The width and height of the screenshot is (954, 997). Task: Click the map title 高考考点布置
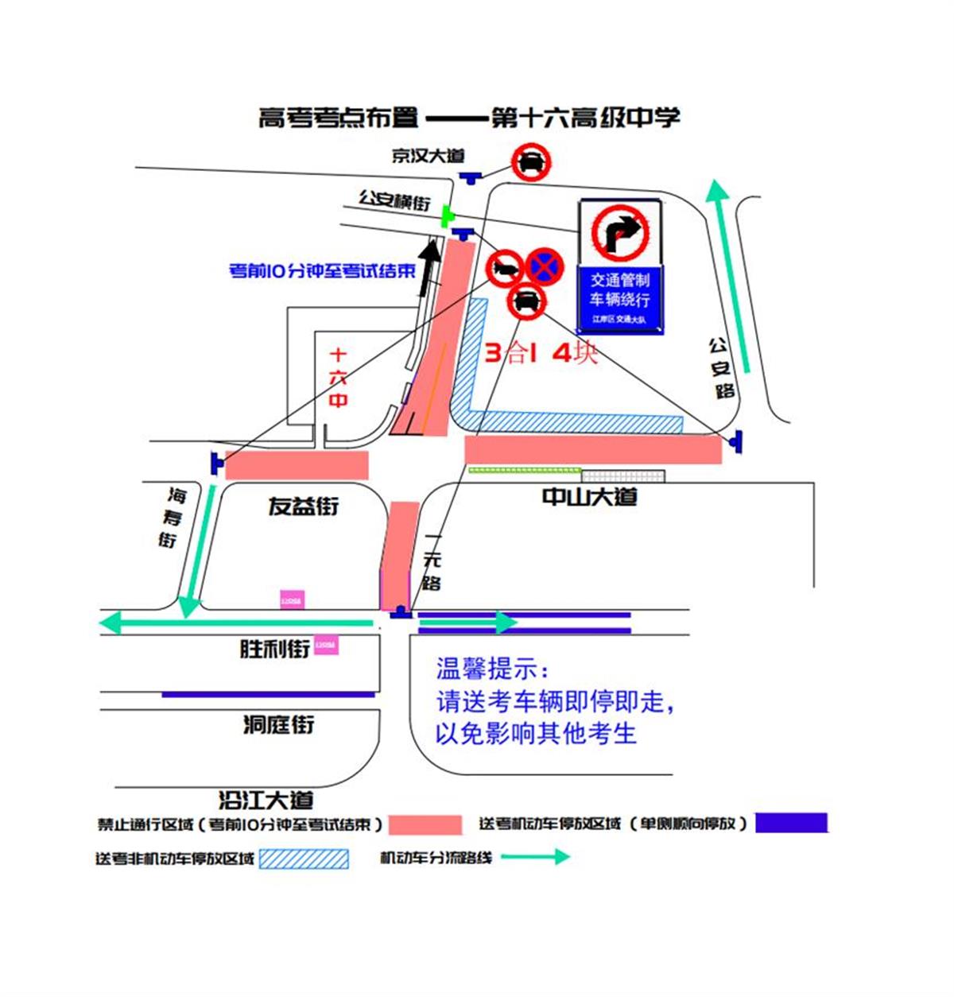pyautogui.click(x=339, y=118)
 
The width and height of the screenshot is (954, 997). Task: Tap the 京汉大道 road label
pyautogui.click(x=428, y=156)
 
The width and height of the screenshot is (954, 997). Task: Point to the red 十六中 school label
pyautogui.click(x=339, y=378)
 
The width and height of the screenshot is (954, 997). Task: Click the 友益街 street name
pyautogui.click(x=303, y=506)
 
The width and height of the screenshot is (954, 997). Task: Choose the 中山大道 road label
pyautogui.click(x=589, y=497)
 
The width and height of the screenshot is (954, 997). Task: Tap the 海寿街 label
pyautogui.click(x=172, y=518)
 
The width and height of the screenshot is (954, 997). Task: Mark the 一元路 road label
pyautogui.click(x=431, y=561)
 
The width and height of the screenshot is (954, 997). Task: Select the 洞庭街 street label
pyautogui.click(x=278, y=724)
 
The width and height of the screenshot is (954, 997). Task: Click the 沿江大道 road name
pyautogui.click(x=266, y=799)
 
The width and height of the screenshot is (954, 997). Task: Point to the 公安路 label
pyautogui.click(x=721, y=368)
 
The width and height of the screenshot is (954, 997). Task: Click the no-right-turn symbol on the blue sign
pyautogui.click(x=620, y=232)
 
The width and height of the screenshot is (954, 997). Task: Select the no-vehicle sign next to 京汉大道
pyautogui.click(x=530, y=163)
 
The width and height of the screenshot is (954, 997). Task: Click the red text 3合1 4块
pyautogui.click(x=541, y=352)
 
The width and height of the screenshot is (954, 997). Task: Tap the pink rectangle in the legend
pyautogui.click(x=425, y=824)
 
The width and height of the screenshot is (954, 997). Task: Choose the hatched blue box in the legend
pyautogui.click(x=304, y=859)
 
